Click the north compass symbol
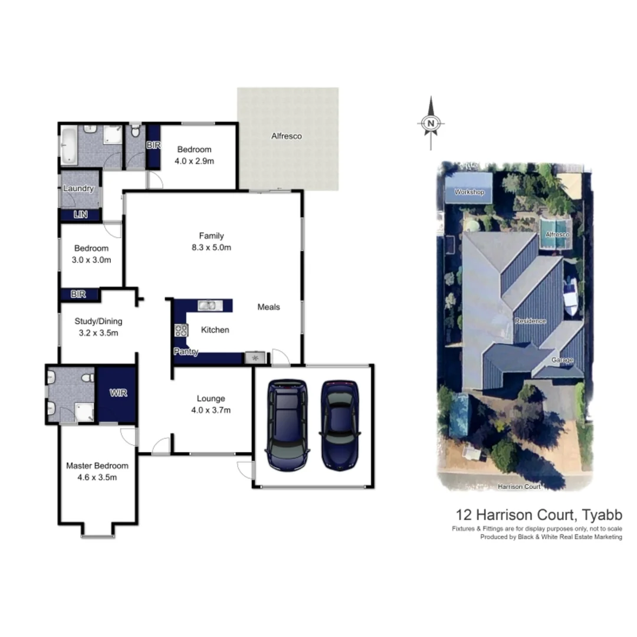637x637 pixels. (431, 123)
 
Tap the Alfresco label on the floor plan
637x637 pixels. (286, 136)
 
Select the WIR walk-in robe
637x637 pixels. (117, 392)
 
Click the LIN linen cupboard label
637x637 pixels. (81, 215)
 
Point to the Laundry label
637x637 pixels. (78, 189)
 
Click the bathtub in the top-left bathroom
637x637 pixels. (68, 145)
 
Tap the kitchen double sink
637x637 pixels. (209, 305)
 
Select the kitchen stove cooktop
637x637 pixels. (180, 330)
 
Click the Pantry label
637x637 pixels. (186, 352)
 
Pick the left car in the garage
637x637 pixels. (287, 424)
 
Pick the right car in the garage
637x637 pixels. (339, 424)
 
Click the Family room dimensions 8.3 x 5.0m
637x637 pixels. (211, 248)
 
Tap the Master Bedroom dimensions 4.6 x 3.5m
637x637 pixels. (97, 477)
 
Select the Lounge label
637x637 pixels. (211, 399)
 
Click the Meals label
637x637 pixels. (268, 307)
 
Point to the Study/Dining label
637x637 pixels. (98, 321)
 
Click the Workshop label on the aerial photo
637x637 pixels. (469, 192)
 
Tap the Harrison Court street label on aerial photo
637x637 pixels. (518, 487)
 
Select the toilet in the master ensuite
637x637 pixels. (87, 376)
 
